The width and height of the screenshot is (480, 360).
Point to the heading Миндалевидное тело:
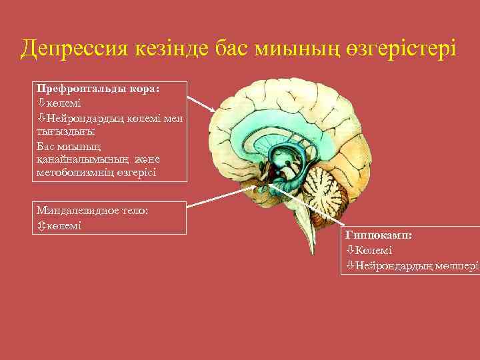coord(93,209)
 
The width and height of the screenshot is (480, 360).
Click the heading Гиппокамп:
coord(378,236)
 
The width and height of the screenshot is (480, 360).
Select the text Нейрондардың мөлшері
coord(417,265)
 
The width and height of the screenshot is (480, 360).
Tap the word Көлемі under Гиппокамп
coord(373,251)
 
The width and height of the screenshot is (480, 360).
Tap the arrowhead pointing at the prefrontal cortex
coord(213,109)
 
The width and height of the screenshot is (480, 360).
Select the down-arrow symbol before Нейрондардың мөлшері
coord(350,265)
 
